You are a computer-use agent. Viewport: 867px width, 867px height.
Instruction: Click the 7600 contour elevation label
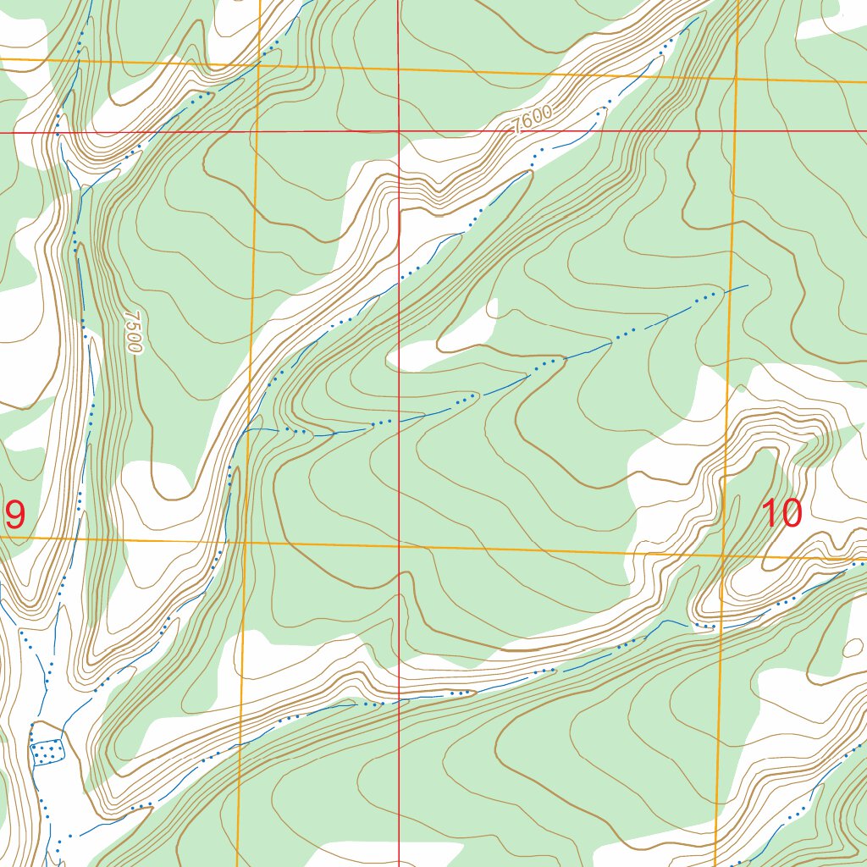tap(533, 119)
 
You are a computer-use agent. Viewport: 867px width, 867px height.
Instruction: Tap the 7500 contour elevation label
tap(132, 331)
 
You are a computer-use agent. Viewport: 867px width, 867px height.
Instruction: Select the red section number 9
tap(15, 515)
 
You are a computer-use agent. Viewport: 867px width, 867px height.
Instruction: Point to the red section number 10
tap(782, 514)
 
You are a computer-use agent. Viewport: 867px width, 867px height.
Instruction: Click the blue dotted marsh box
tap(47, 751)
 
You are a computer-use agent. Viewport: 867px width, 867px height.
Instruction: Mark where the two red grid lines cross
tap(399, 132)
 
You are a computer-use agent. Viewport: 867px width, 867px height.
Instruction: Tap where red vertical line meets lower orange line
tap(399, 546)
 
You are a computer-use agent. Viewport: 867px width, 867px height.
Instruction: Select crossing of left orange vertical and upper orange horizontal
tap(257, 65)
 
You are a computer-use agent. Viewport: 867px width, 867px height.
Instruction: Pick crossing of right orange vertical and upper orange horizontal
tap(737, 78)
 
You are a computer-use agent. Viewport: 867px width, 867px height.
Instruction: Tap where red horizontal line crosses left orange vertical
tap(256, 132)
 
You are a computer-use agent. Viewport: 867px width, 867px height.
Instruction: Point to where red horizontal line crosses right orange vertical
tap(736, 131)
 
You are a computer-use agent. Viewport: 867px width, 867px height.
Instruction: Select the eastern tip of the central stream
tap(748, 285)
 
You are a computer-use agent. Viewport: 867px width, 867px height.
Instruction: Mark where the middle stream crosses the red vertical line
tap(399, 420)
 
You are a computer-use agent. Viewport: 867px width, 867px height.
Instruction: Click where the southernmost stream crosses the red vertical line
tap(399, 701)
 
